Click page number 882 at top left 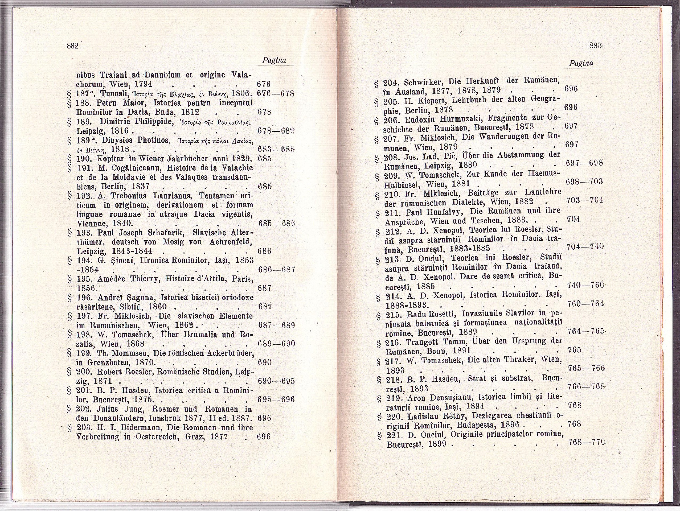[x=73, y=46]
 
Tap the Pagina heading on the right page [x=581, y=63]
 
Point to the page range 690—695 [x=276, y=381]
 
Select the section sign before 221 [x=380, y=435]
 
